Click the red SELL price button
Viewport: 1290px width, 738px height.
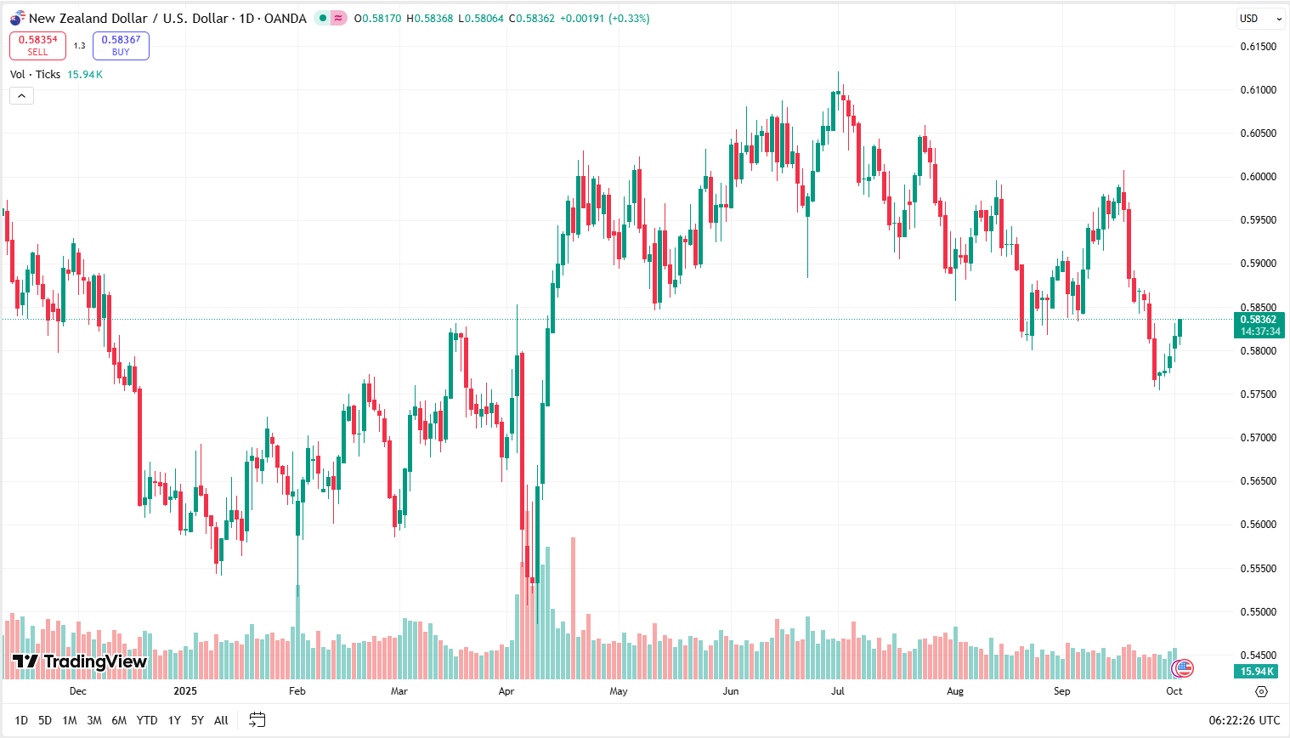[37, 46]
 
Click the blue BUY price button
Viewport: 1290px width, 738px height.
[121, 46]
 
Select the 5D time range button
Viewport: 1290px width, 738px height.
[45, 720]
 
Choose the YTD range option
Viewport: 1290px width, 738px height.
[147, 720]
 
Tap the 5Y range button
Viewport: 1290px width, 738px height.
[197, 720]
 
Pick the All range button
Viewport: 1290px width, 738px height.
[221, 720]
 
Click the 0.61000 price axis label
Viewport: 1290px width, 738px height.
[1259, 90]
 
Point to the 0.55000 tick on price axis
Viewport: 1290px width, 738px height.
[1259, 612]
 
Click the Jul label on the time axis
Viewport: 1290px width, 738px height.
[838, 691]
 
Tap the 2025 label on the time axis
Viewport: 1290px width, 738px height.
[185, 691]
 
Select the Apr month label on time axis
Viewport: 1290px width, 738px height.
[506, 691]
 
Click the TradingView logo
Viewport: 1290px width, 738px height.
[80, 661]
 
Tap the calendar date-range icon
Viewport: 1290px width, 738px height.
[257, 720]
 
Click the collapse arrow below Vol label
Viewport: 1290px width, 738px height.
[21, 95]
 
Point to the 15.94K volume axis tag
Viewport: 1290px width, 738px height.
[1258, 672]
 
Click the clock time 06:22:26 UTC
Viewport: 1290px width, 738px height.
[1244, 720]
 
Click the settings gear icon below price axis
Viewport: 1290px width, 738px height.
[1261, 691]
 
